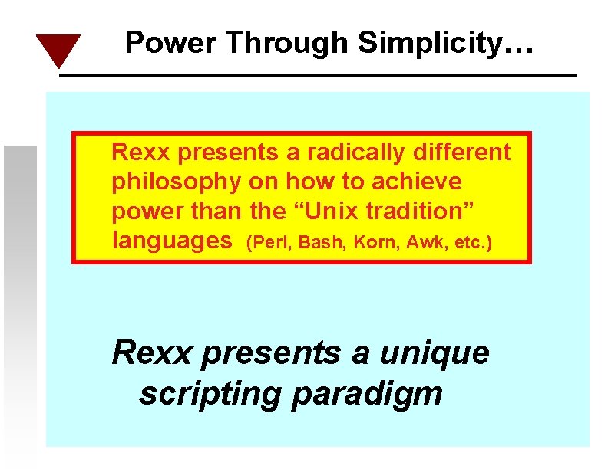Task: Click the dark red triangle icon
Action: (x=58, y=49)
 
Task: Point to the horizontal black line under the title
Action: (x=318, y=75)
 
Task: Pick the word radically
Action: (x=356, y=153)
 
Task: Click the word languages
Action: (x=172, y=241)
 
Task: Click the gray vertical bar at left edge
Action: (x=19, y=299)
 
